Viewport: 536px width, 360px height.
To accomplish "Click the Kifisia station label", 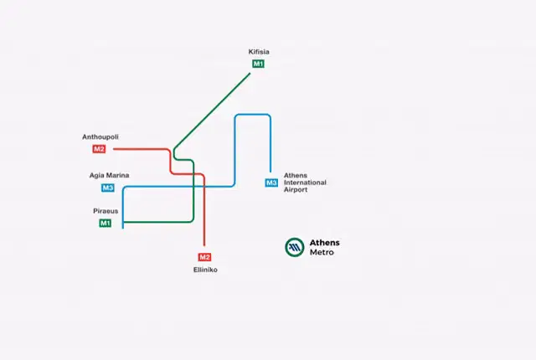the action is click(259, 52).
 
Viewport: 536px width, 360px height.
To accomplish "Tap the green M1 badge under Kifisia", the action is click(259, 64).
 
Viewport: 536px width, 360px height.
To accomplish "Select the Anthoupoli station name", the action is click(100, 137).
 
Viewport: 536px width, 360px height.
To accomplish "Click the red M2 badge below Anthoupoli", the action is click(99, 149).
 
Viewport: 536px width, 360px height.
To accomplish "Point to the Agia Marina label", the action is click(110, 175).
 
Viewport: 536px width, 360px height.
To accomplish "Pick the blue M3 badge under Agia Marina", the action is click(108, 188).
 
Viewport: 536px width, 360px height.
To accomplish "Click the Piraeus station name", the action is click(106, 211).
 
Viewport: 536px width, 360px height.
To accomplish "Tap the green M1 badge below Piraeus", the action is click(106, 224).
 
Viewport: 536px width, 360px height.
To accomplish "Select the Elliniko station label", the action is click(205, 270).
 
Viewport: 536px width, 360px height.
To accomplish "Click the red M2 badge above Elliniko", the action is click(204, 257).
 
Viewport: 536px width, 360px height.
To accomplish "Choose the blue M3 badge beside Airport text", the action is click(271, 183).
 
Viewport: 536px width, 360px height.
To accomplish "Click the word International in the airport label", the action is click(305, 183).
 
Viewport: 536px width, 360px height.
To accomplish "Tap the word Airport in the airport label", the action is click(296, 189).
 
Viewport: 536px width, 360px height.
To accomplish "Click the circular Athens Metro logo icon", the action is click(295, 247).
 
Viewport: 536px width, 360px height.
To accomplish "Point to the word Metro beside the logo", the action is click(322, 252).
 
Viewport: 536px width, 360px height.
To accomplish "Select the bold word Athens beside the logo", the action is click(325, 243).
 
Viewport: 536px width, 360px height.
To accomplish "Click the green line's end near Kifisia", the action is click(250, 74).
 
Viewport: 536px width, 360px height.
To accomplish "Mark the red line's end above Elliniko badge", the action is click(204, 245).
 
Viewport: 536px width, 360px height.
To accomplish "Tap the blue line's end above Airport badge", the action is click(271, 172).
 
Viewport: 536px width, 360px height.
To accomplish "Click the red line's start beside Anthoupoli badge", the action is click(114, 149).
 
